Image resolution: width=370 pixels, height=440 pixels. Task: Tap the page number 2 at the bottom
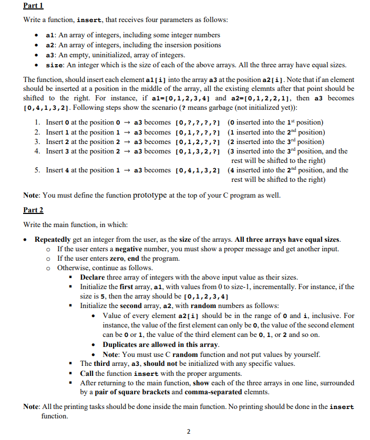[189, 432]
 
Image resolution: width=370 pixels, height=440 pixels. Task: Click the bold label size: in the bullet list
[55, 65]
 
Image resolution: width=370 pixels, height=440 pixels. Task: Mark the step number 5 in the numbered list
[38, 170]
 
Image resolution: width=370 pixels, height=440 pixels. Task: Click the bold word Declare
[93, 277]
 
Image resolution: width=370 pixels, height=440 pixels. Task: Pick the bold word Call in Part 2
[87, 373]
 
